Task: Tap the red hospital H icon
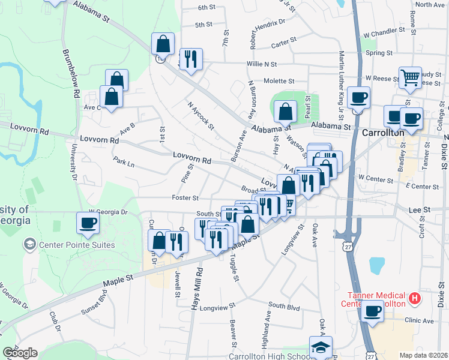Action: pyautogui.click(x=414, y=298)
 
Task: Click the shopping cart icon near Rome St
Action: pyautogui.click(x=409, y=77)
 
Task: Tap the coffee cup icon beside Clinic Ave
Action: pyautogui.click(x=372, y=311)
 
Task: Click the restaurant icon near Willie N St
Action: pyautogui.click(x=191, y=59)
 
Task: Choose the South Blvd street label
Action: pyautogui.click(x=284, y=306)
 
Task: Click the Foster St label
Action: pyautogui.click(x=185, y=197)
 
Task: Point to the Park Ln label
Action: pyautogui.click(x=123, y=162)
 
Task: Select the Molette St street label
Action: pyautogui.click(x=279, y=81)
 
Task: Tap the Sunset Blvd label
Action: pyautogui.click(x=93, y=304)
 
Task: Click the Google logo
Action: pyautogui.click(x=20, y=353)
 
